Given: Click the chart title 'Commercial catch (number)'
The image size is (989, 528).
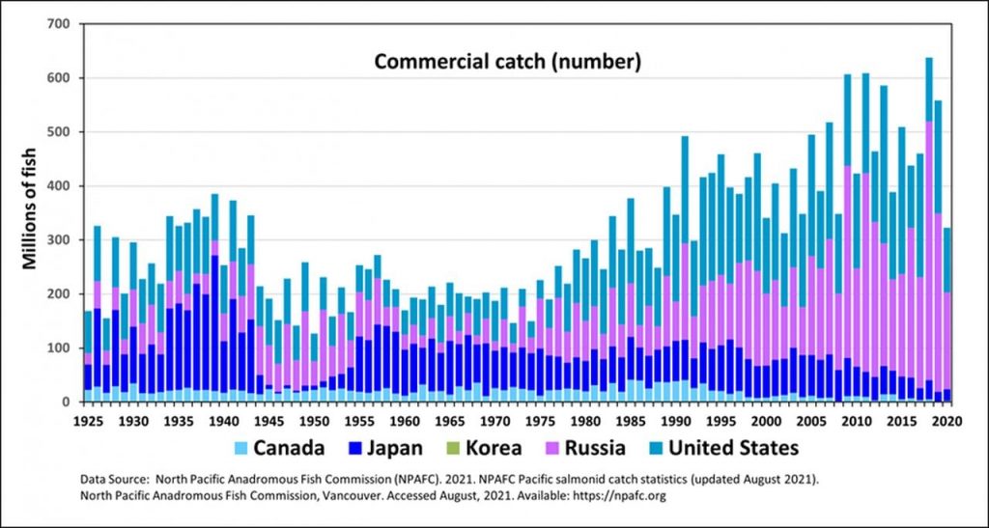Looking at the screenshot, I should (x=508, y=63).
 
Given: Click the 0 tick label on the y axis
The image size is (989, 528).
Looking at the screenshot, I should (x=65, y=402).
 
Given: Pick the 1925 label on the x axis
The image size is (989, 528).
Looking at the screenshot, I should (x=88, y=423).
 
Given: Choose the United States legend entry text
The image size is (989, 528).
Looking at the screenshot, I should (x=733, y=449).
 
